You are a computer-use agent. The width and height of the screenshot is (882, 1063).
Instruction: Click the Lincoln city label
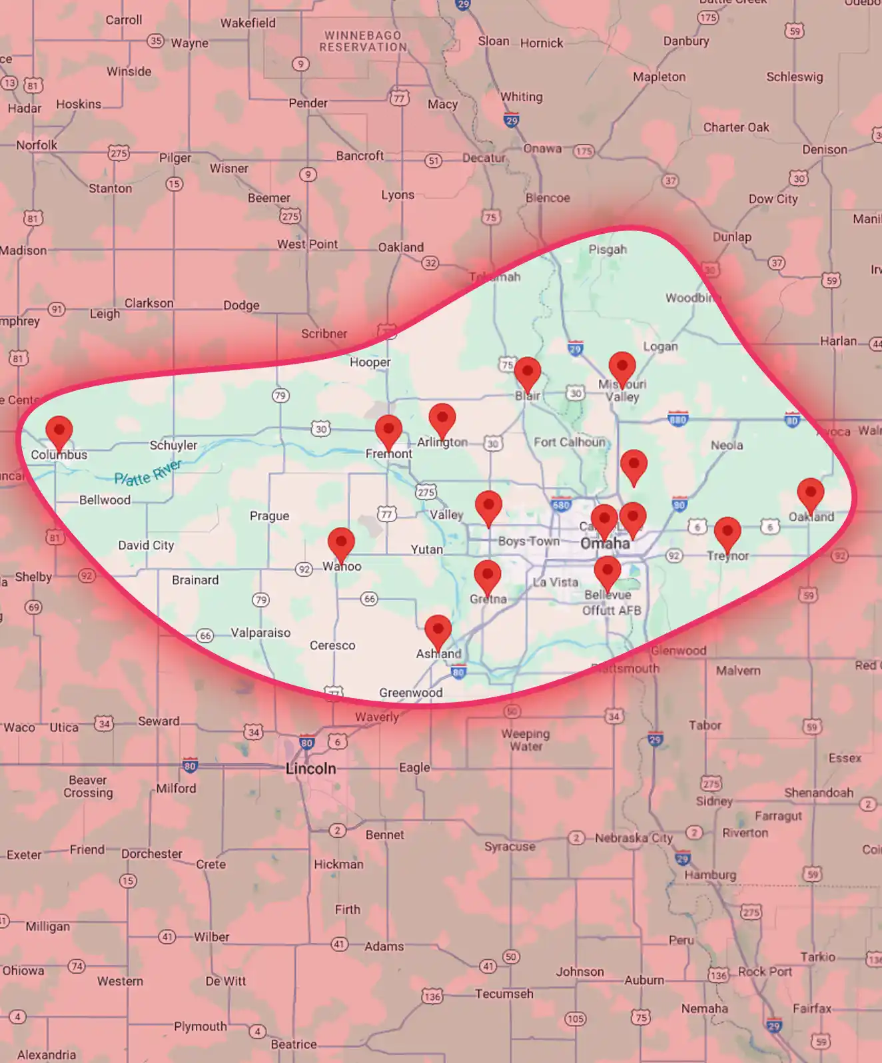[x=310, y=769]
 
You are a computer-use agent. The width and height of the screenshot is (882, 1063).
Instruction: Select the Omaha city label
[x=605, y=543]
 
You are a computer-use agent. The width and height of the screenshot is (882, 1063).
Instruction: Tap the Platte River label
[x=147, y=472]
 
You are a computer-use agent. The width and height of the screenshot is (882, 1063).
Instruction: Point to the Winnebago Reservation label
[x=363, y=41]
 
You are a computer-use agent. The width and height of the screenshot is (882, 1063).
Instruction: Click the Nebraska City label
[x=634, y=838]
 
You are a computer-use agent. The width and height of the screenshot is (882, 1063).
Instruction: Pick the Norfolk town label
[x=37, y=145]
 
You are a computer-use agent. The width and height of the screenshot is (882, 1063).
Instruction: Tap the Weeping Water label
[x=526, y=740]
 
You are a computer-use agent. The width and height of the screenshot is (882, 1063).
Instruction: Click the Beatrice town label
[x=294, y=1044]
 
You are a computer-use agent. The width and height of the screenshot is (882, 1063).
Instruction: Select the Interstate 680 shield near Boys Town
[x=562, y=505]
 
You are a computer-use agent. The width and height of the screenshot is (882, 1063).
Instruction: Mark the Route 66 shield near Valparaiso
[x=205, y=635]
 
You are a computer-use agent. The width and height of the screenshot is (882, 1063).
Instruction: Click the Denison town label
[x=825, y=150]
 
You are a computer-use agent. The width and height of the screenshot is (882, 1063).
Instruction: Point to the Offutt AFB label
[x=612, y=610]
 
